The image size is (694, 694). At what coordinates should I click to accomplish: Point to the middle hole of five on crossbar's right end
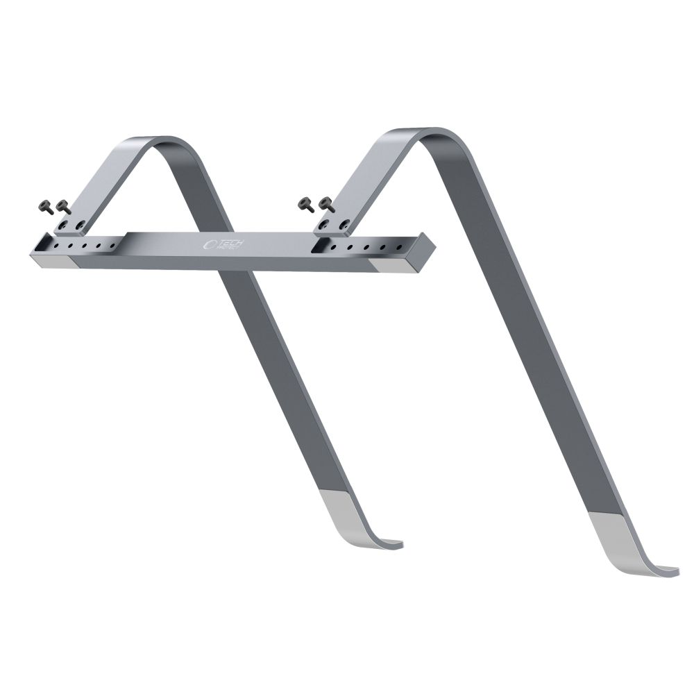pos(366,246)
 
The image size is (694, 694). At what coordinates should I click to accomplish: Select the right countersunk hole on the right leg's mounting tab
pos(342,223)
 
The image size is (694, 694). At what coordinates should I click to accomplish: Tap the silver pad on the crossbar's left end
pos(52,262)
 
